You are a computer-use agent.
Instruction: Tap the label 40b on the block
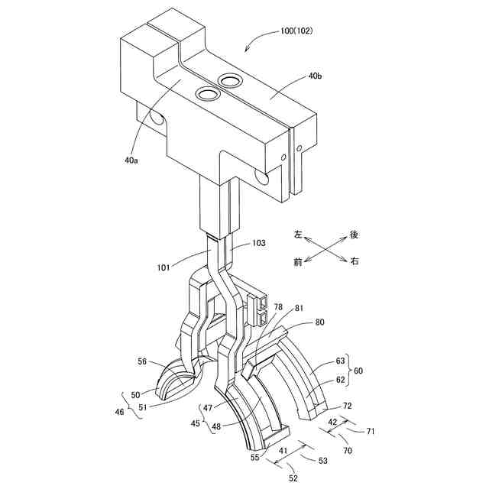pos(315,77)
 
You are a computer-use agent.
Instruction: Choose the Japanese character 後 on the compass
pos(354,234)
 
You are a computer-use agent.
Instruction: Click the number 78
pos(279,305)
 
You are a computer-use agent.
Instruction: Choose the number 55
pos(254,457)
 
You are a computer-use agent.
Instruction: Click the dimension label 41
pos(284,452)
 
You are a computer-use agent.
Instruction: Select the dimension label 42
pos(332,422)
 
